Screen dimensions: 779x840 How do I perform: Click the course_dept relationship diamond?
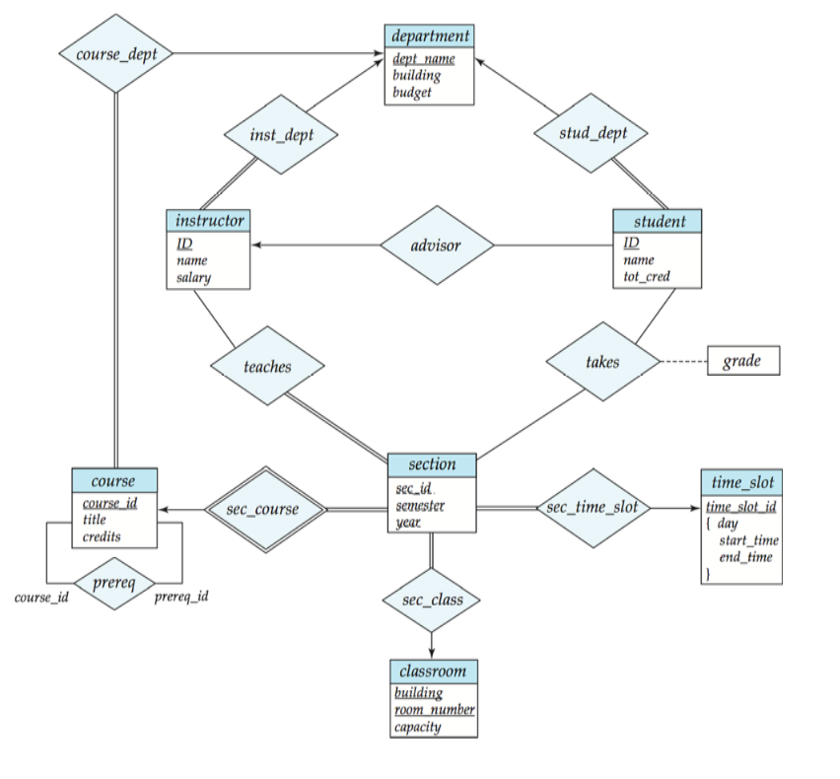[116, 53]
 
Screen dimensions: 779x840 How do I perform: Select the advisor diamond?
[437, 245]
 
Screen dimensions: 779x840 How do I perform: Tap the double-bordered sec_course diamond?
[264, 510]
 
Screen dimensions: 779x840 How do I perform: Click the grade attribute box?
[741, 361]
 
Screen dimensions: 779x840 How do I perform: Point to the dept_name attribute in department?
[423, 59]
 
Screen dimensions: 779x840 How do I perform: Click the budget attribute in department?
[411, 93]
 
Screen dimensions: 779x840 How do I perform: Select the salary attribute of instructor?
[193, 278]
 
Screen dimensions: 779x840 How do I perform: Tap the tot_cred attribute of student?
[647, 276]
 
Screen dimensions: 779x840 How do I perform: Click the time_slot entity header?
[741, 482]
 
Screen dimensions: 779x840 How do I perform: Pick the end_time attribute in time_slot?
[745, 557]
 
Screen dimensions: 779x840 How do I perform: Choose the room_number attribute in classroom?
[434, 710]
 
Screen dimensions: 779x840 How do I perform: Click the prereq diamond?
[113, 582]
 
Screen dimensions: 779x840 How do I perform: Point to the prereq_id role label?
[181, 597]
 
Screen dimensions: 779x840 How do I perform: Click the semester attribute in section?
[420, 506]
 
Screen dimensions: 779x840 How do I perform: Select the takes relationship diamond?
[602, 362]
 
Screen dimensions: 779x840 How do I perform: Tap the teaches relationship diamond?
[267, 367]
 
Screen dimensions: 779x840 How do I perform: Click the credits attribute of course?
[102, 536]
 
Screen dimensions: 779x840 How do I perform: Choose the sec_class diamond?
[432, 600]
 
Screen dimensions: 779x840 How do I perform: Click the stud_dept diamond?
[592, 133]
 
